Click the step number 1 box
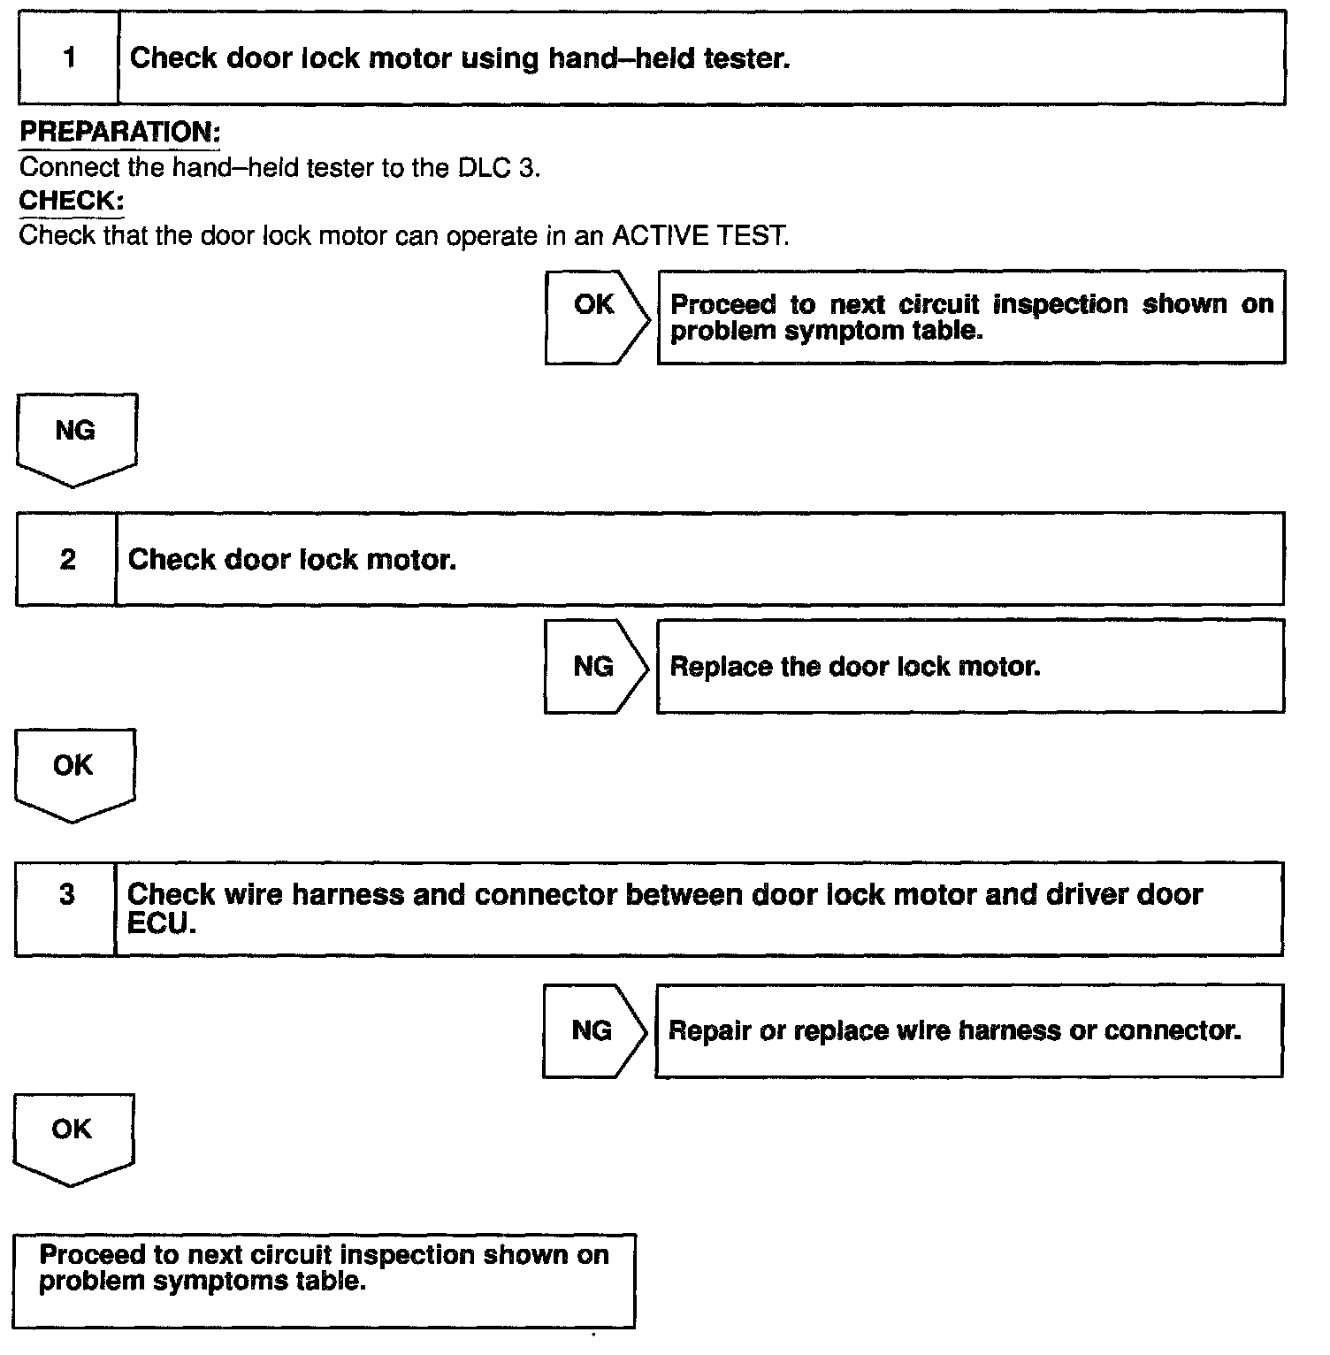point(69,58)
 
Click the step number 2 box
point(67,559)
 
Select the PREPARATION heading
point(119,133)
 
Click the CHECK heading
point(71,201)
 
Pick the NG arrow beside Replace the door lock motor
point(594,667)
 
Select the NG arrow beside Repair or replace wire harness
point(592,1030)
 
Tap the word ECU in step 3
point(162,922)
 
